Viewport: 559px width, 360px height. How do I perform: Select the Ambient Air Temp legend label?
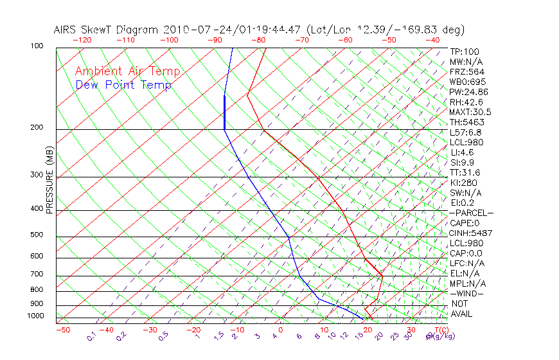click(x=127, y=72)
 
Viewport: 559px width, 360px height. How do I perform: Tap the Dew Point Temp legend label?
click(x=123, y=85)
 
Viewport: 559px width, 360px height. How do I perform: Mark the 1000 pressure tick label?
click(x=37, y=316)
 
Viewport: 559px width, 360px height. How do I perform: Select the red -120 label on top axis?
click(x=82, y=40)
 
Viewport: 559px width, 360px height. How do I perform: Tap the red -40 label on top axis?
click(x=432, y=40)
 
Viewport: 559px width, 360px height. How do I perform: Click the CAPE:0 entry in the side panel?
click(x=464, y=223)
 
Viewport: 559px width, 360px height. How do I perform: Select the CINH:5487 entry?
click(x=466, y=233)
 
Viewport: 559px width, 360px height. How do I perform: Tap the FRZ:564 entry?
click(x=465, y=72)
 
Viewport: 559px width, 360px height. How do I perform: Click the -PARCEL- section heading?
click(x=471, y=213)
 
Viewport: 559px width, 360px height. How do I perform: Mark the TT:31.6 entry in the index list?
click(x=464, y=173)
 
